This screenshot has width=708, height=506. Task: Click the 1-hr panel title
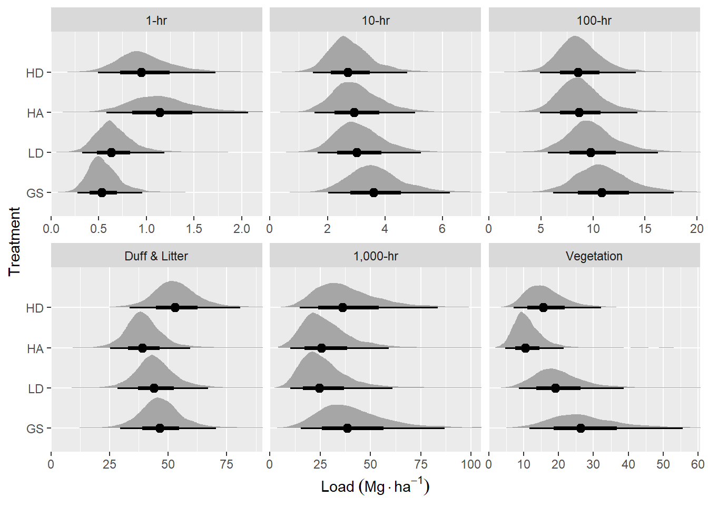point(156,21)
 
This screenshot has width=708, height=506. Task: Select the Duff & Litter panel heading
point(156,256)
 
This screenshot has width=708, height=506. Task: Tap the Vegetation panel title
point(594,256)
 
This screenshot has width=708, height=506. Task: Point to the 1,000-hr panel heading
point(375,256)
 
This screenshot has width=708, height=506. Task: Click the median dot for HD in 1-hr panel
point(141,72)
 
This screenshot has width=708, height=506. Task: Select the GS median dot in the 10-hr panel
point(373,192)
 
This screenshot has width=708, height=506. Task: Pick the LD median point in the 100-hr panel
point(591,152)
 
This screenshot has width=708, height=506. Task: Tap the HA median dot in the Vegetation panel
point(525,348)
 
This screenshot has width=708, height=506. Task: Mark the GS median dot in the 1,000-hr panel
point(347,428)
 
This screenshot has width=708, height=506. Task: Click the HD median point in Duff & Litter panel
point(175,307)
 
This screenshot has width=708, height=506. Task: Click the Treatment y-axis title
point(14,241)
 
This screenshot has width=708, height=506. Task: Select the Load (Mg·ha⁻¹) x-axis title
point(375,486)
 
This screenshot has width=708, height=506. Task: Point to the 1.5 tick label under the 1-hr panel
point(194,229)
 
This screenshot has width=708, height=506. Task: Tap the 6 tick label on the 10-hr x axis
point(442,229)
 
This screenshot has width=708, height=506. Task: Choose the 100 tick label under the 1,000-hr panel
point(471,464)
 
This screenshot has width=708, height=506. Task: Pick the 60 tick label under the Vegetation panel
point(697,464)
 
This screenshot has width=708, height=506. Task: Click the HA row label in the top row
point(35,113)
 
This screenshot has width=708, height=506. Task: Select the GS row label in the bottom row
point(35,429)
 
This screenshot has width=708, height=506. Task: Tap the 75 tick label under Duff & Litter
point(227,464)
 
